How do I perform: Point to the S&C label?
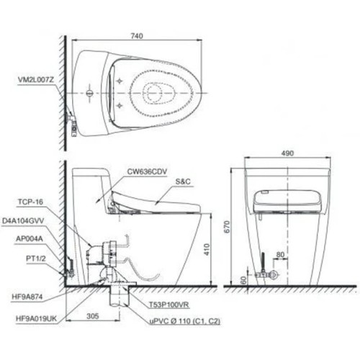click(x=183, y=183)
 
